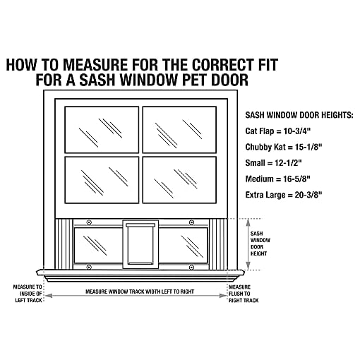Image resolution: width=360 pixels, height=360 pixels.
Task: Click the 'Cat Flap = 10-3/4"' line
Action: pos(278,132)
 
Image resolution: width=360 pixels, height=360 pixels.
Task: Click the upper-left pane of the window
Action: pos(102,128)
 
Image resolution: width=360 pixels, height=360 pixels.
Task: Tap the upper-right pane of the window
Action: pos(179,128)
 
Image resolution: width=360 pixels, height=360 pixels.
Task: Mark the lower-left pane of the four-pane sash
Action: pos(102,179)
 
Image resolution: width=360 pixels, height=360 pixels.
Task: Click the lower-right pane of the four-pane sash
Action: pos(179,179)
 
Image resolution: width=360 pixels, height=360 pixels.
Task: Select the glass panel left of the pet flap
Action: pos(98,244)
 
